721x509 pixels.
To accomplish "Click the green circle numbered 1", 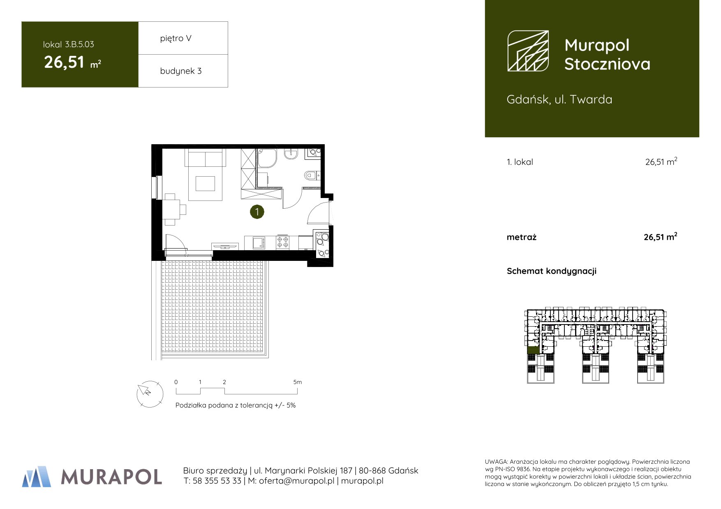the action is point(257,212).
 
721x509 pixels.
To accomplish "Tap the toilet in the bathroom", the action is point(311,176).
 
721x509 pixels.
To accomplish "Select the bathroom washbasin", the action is point(291,154).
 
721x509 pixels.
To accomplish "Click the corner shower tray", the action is point(267,158).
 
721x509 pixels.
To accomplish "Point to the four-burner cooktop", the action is point(282,242).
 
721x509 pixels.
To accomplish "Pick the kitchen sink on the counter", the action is point(259,243).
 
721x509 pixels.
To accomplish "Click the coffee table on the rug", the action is point(205,184).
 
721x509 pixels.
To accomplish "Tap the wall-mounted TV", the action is point(225,246).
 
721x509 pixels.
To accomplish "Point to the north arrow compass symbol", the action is point(150,394).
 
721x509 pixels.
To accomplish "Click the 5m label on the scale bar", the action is point(298,382).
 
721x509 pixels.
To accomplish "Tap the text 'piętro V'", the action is point(176,39).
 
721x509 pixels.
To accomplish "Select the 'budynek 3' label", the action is point(181,71).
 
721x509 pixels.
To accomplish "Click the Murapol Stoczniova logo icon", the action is point(528,51).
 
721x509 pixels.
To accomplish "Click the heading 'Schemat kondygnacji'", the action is point(552,271).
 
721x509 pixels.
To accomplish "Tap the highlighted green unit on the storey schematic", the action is point(533,350).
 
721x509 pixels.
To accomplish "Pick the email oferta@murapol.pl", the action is point(297,481).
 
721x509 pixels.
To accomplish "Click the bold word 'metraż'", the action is point(522,237).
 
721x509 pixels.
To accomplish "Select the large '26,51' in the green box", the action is point(64,62).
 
